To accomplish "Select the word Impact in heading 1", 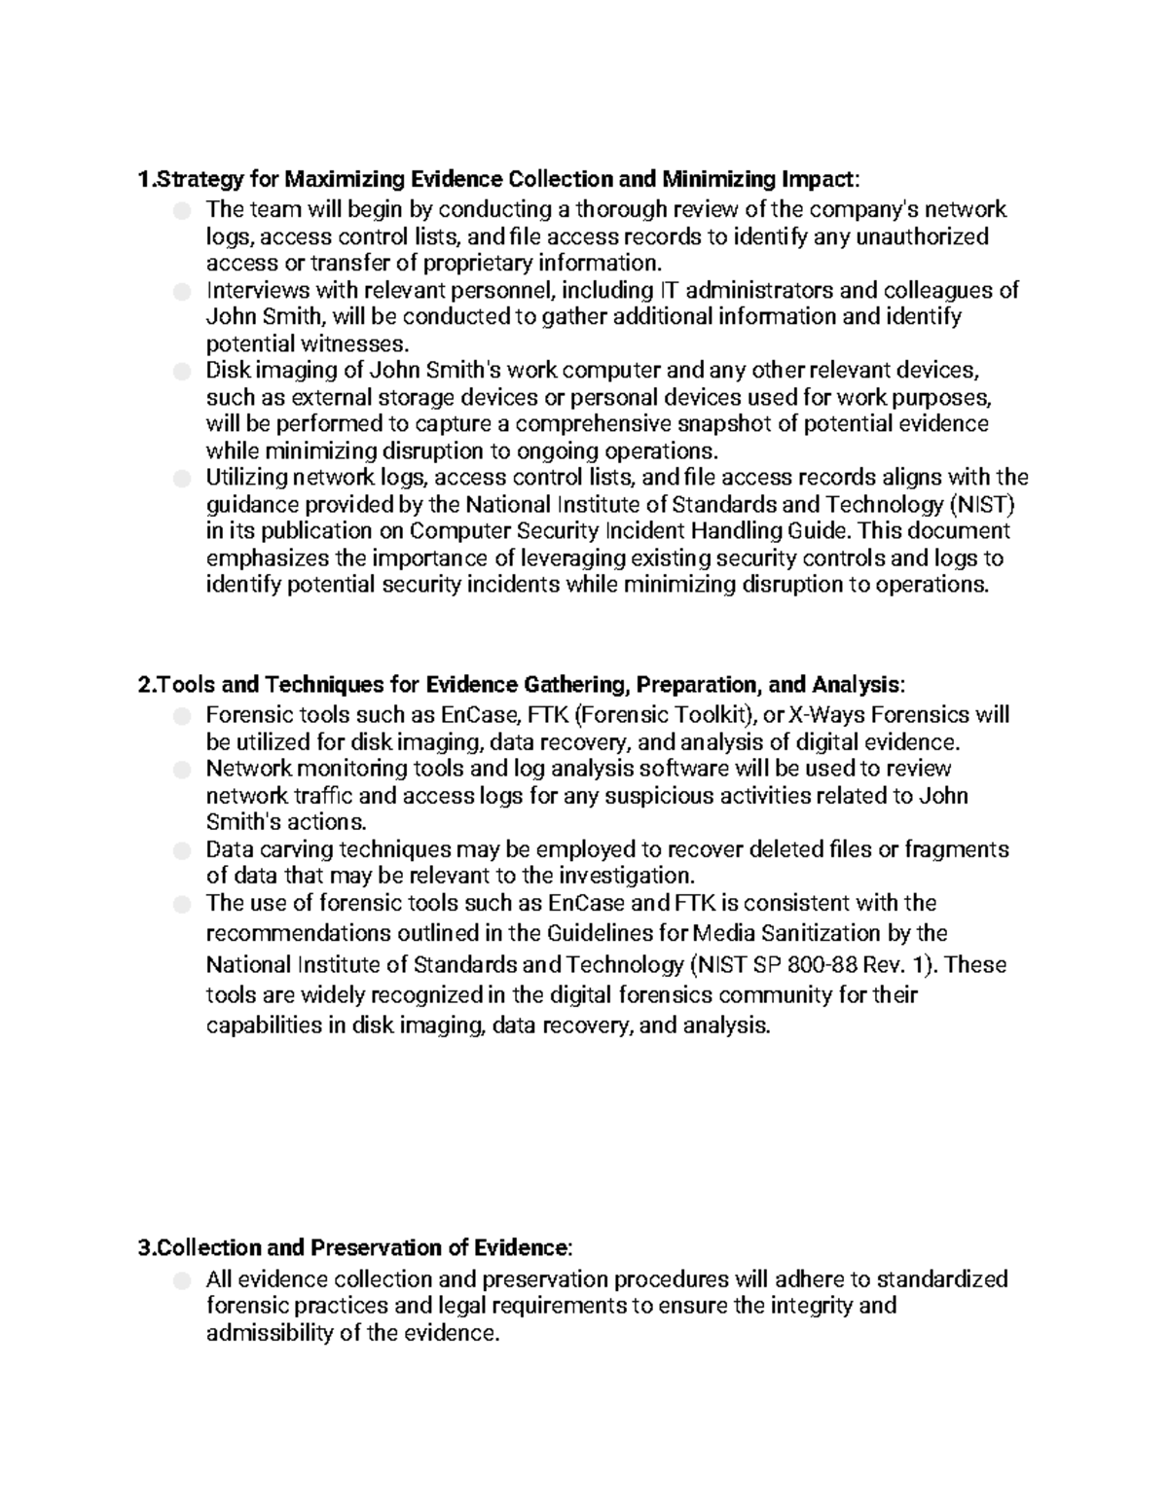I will tap(819, 179).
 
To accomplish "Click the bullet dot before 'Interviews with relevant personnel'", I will tap(181, 290).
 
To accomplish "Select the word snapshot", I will tap(739, 423).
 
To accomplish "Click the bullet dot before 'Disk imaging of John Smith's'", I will tap(181, 371).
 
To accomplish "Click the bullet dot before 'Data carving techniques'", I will tap(181, 850).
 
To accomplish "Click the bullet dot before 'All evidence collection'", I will tap(181, 1280).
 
